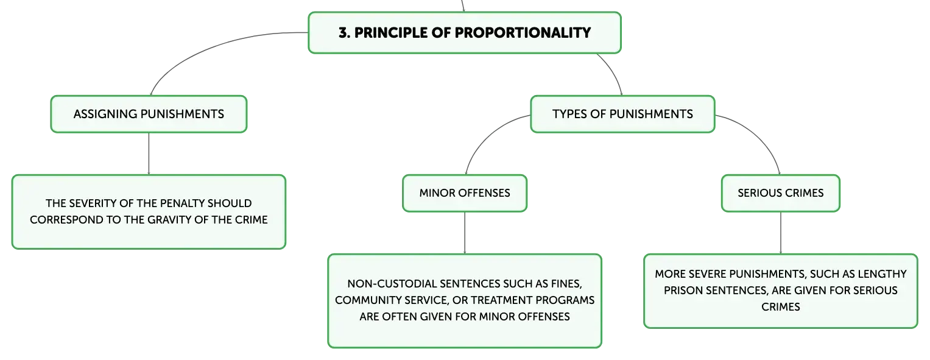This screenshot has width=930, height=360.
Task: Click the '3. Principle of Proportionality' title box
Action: pyautogui.click(x=465, y=33)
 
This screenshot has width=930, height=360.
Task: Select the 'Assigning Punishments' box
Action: pyautogui.click(x=149, y=114)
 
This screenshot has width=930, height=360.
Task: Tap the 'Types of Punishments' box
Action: pyautogui.click(x=622, y=114)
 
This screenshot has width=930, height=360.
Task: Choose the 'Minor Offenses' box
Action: pyautogui.click(x=465, y=193)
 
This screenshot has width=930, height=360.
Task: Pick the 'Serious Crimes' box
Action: pyautogui.click(x=781, y=193)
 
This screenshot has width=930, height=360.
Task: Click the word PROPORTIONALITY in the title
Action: pyautogui.click(x=523, y=33)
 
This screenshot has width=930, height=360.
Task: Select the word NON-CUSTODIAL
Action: pyautogui.click(x=392, y=284)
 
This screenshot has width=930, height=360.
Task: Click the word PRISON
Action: pyautogui.click(x=683, y=291)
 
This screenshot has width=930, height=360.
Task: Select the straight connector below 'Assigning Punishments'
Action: pyautogui.click(x=149, y=154)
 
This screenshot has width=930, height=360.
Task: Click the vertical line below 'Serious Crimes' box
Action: pyautogui.click(x=781, y=233)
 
